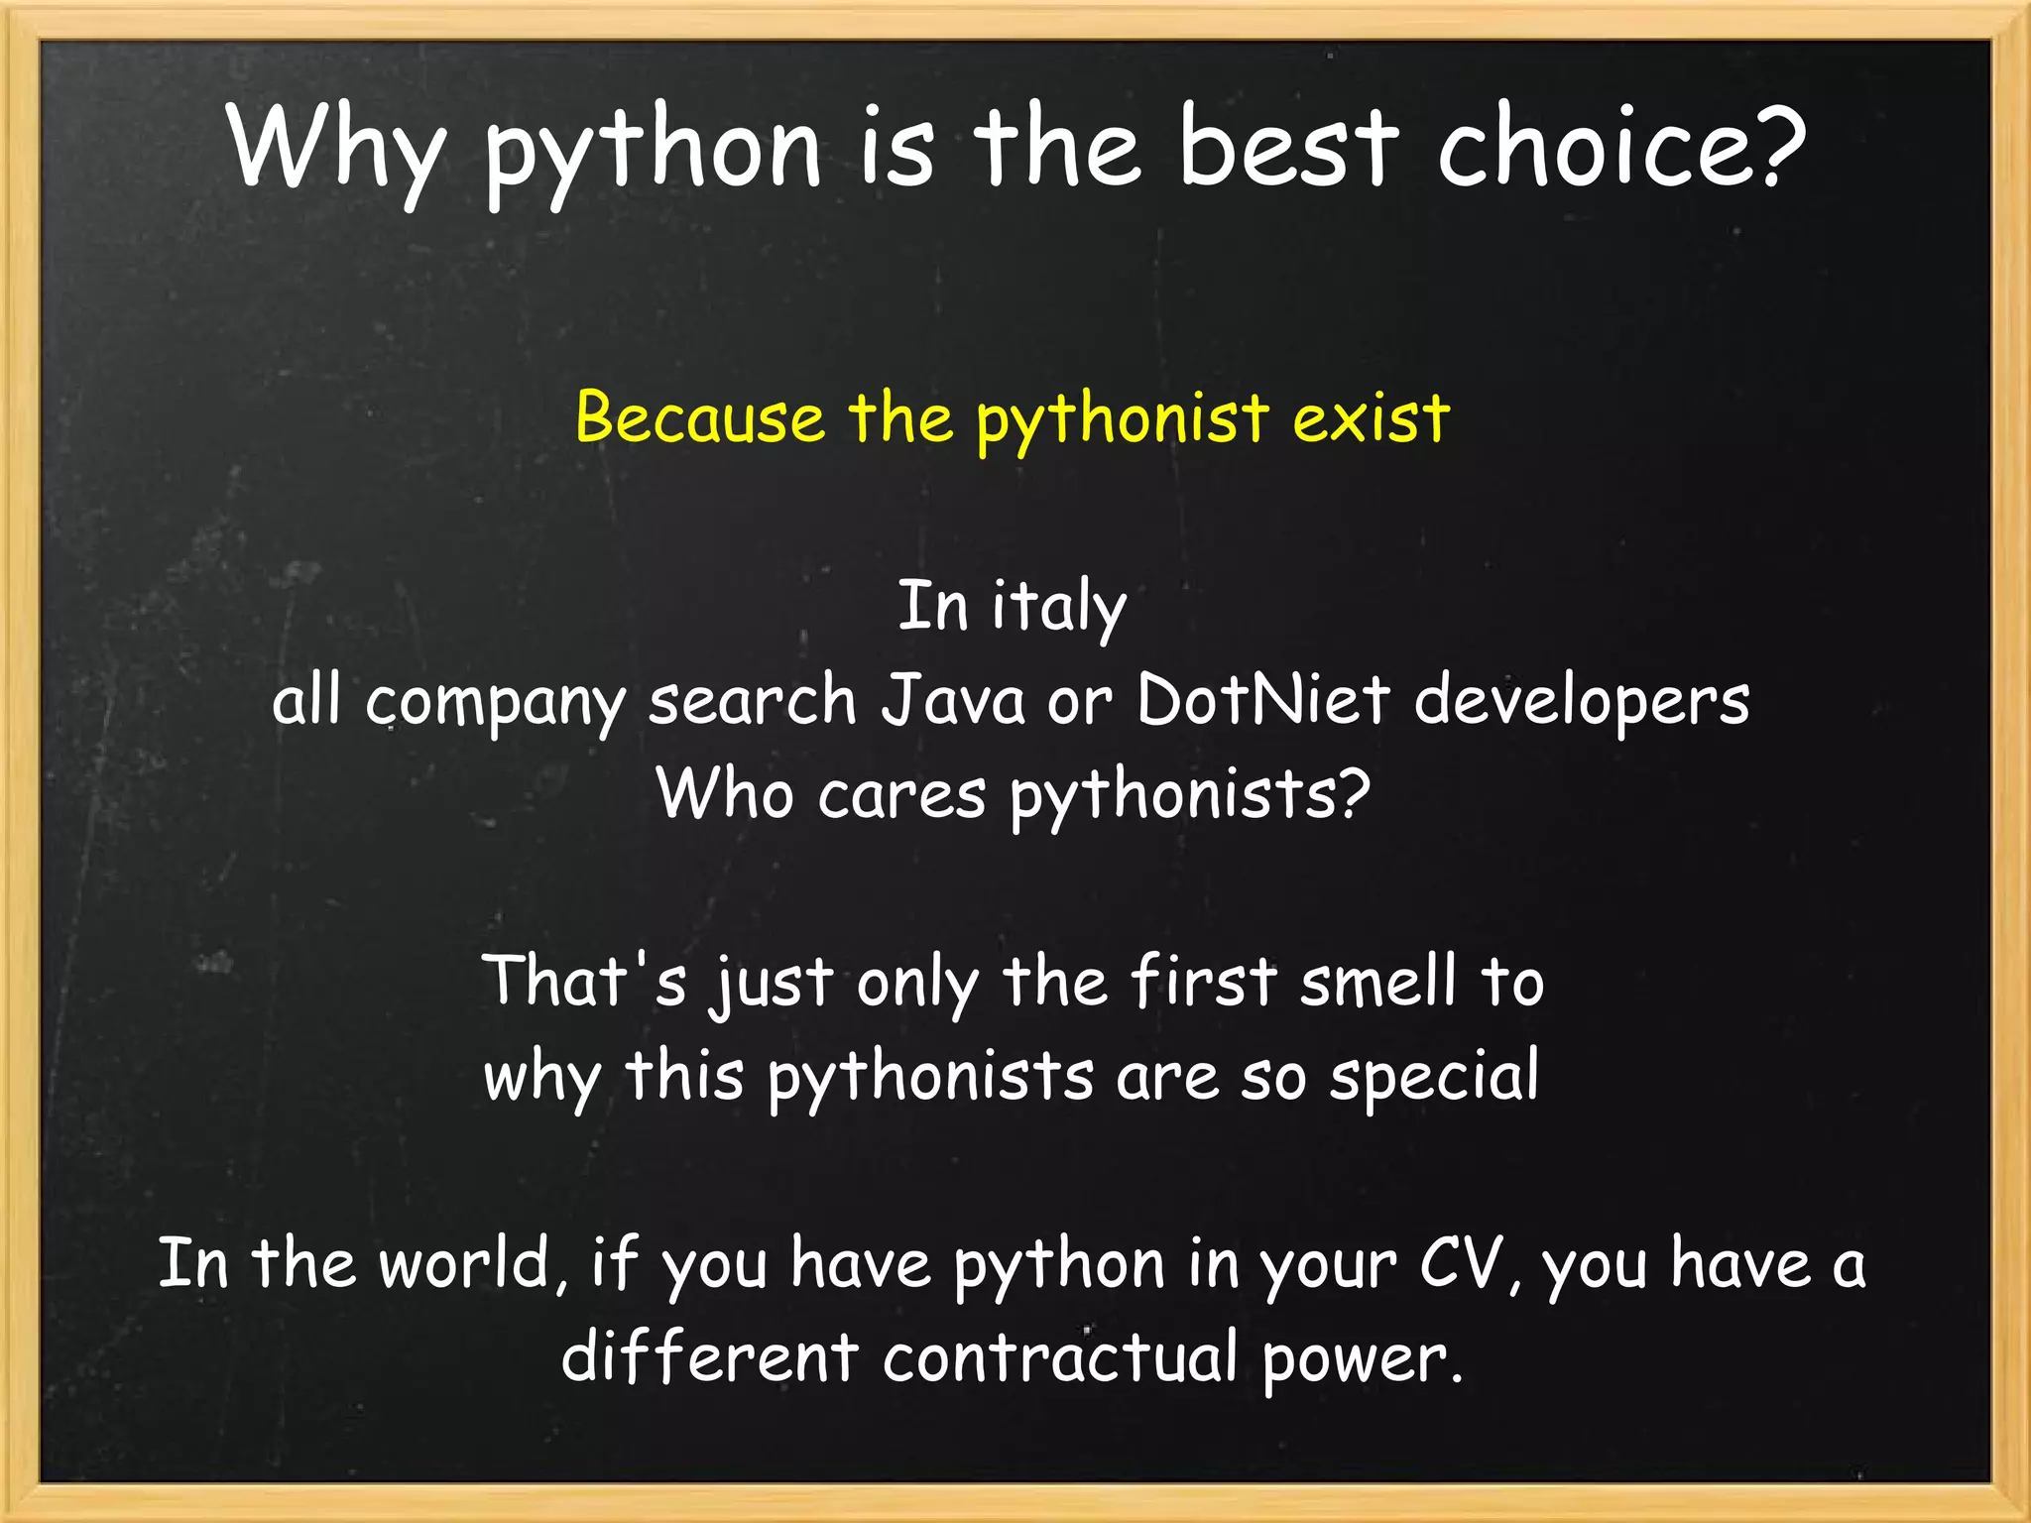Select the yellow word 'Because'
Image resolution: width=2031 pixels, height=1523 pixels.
pos(699,417)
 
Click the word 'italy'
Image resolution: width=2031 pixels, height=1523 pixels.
pos(1059,607)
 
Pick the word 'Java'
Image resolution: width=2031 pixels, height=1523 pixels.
pos(953,700)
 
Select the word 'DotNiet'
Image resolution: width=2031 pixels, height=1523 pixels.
pos(1262,700)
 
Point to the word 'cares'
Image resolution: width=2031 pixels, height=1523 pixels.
pos(901,795)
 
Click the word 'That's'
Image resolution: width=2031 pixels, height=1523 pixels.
pos(584,982)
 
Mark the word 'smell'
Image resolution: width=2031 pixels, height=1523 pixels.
pos(1378,982)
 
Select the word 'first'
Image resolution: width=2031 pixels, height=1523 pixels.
pos(1204,982)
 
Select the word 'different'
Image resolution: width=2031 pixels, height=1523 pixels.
pos(709,1357)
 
